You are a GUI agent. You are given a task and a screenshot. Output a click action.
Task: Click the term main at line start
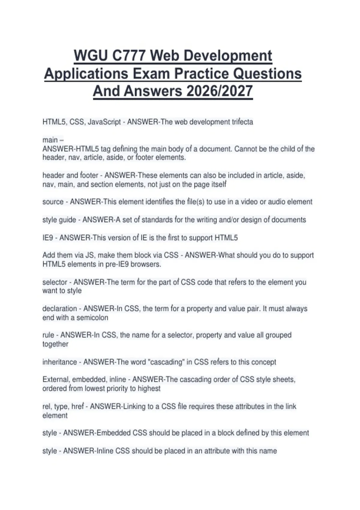(x=50, y=140)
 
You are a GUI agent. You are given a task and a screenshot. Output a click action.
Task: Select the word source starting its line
(x=53, y=202)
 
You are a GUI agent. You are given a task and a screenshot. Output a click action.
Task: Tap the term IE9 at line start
(x=48, y=238)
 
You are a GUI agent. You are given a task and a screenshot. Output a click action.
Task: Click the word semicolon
(x=92, y=317)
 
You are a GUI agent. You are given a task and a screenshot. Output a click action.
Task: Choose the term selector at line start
(x=55, y=282)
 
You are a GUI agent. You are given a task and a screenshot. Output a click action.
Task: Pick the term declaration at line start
(x=59, y=309)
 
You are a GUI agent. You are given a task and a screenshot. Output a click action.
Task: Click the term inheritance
(x=59, y=362)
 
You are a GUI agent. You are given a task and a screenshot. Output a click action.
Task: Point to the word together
(x=55, y=344)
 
